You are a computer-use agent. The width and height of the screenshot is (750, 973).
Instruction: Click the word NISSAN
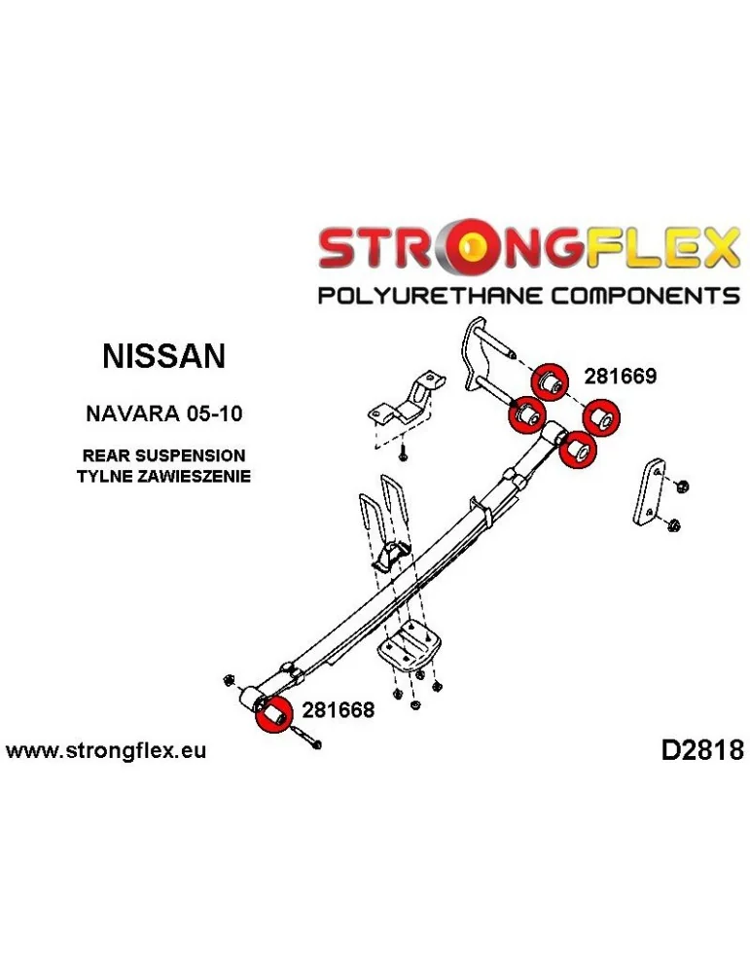coord(163,355)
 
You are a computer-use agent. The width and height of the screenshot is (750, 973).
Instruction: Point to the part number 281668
coord(337,710)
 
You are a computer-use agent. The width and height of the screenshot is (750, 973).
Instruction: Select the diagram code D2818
coord(701,750)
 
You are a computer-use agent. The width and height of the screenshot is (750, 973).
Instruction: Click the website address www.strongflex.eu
coord(107,751)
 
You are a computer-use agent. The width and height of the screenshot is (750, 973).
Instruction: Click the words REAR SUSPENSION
coord(164,455)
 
